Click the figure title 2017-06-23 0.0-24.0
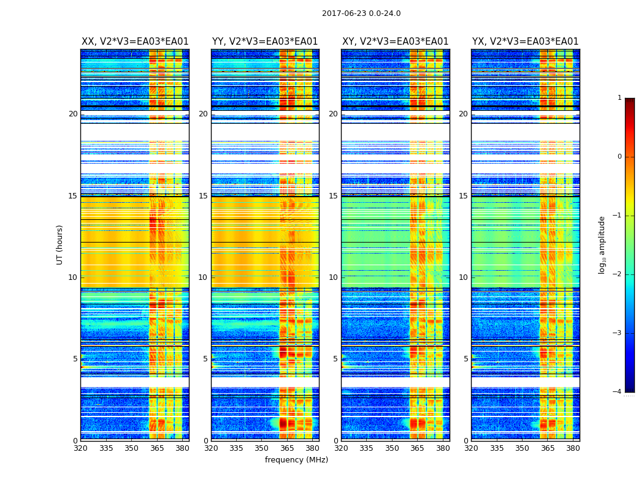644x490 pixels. (361, 13)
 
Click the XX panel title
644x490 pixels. (135, 42)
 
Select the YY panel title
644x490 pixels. (265, 42)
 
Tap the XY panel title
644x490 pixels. (396, 42)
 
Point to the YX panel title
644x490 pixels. (526, 42)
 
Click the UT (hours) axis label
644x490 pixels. (60, 244)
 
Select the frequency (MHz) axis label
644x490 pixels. (296, 460)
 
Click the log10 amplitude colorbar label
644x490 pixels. (602, 244)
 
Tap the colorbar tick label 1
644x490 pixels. (619, 98)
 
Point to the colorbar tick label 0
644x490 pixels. (619, 157)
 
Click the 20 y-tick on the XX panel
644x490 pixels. (73, 114)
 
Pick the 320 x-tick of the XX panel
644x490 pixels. (80, 448)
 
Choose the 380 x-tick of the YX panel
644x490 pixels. (573, 448)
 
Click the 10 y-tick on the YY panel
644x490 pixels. (203, 277)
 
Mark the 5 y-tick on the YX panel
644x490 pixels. (466, 359)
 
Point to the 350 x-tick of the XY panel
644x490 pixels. (392, 448)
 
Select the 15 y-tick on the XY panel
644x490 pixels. (333, 196)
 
